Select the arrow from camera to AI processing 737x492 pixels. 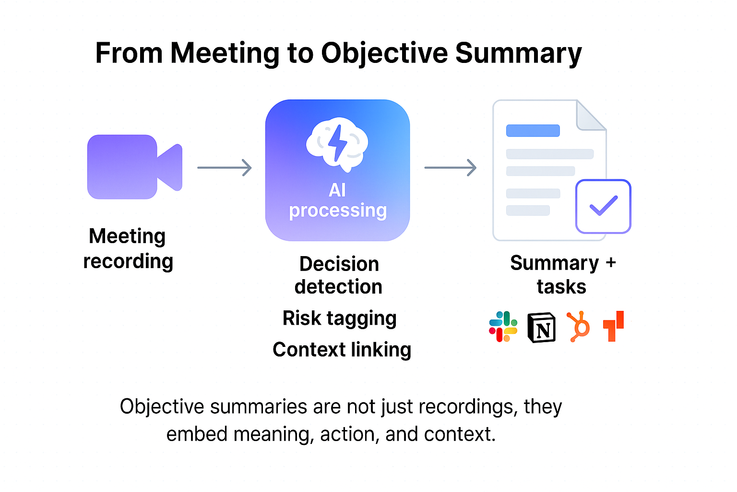(x=225, y=168)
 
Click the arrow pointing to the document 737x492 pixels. (x=451, y=168)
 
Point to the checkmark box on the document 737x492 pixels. (x=603, y=206)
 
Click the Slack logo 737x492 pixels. (x=503, y=327)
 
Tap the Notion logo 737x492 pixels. (x=541, y=328)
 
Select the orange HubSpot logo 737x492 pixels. (x=579, y=327)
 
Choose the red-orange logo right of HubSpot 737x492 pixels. (x=614, y=326)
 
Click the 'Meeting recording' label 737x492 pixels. (x=128, y=248)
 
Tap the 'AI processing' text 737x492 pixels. (x=338, y=200)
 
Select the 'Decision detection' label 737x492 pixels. (x=339, y=275)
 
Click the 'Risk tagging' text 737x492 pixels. (x=340, y=318)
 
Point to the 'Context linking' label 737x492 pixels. (x=342, y=350)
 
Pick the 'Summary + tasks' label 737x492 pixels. (x=562, y=275)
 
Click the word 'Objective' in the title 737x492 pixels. (x=384, y=53)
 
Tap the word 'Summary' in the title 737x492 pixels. (x=518, y=53)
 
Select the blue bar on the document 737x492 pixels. (x=533, y=131)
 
